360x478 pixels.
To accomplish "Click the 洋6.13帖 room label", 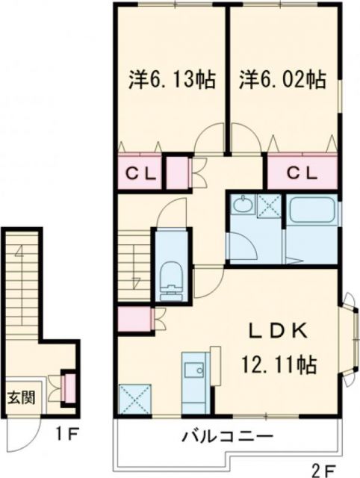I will click(x=170, y=78).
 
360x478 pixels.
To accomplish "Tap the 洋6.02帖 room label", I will click(x=282, y=78).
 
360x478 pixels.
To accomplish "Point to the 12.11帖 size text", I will click(x=279, y=365).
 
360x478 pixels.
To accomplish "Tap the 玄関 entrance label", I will click(x=20, y=396).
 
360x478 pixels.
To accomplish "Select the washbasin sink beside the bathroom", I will click(x=243, y=205).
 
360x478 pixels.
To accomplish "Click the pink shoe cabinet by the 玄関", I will click(x=67, y=387).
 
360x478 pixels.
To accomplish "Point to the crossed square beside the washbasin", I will click(x=268, y=205).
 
